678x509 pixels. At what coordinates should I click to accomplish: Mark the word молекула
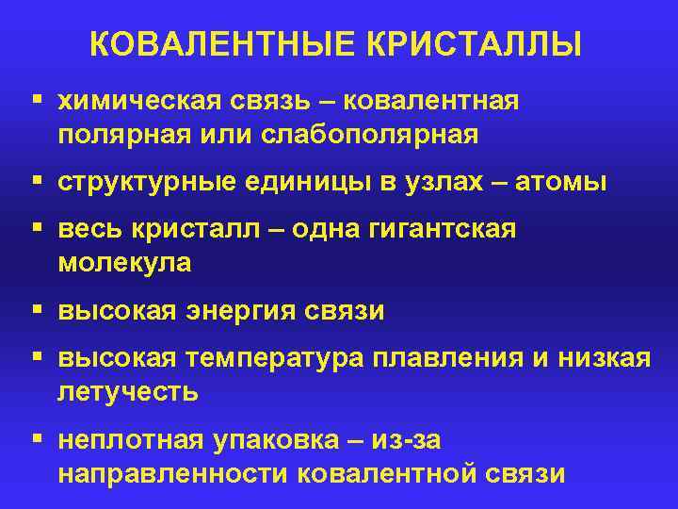(x=124, y=264)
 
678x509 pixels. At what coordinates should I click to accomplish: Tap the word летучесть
(x=128, y=392)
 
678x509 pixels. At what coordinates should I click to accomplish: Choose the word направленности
(x=173, y=473)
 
